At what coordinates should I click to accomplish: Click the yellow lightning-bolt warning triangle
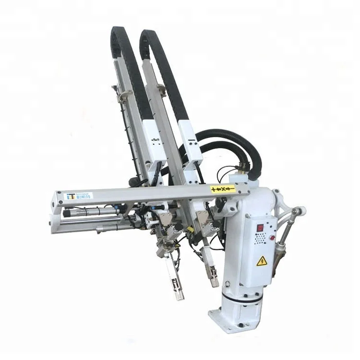[x=262, y=261]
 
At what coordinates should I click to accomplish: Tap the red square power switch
[x=260, y=228]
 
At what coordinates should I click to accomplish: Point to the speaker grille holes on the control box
[x=260, y=238]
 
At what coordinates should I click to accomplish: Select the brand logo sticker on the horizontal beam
[x=78, y=196]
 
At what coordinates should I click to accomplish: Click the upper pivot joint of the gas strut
[x=298, y=211]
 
